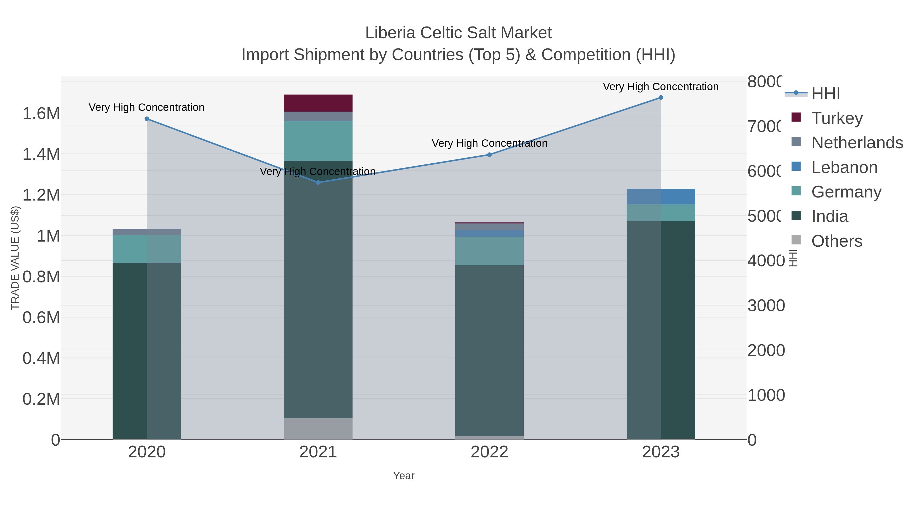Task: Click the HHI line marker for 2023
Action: (661, 98)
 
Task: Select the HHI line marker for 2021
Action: (318, 182)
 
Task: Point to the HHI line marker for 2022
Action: (490, 155)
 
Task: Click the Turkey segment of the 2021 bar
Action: (318, 103)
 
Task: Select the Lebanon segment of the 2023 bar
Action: (661, 196)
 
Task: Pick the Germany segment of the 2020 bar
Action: (147, 249)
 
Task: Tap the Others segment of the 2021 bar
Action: (318, 429)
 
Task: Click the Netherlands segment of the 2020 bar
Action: (147, 232)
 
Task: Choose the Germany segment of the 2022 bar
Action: (490, 251)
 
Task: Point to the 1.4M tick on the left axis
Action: (41, 154)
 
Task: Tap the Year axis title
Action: (404, 476)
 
